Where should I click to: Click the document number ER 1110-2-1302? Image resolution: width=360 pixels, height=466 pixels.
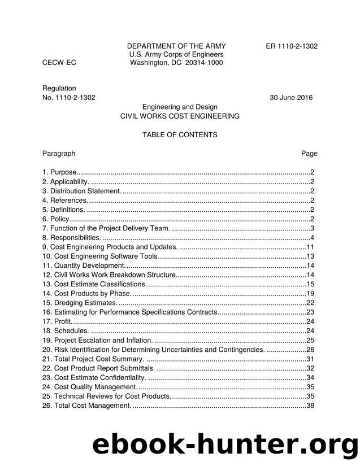(x=292, y=46)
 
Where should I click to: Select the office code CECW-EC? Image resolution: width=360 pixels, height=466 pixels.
(x=59, y=63)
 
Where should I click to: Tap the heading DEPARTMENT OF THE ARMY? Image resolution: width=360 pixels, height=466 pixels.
(x=176, y=46)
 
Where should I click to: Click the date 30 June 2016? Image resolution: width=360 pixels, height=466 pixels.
(x=291, y=97)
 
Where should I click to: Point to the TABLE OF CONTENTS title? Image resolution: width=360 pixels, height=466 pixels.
(x=180, y=135)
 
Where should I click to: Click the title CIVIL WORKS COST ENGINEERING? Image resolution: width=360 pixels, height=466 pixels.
(x=180, y=116)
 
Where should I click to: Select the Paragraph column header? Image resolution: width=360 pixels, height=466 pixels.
(x=59, y=153)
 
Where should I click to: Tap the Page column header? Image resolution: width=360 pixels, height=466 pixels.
(x=309, y=153)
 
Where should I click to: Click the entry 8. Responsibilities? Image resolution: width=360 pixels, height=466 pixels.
(x=72, y=237)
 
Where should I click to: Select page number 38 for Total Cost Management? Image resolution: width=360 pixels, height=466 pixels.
(x=310, y=406)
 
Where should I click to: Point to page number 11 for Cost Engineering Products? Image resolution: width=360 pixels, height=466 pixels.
(x=310, y=247)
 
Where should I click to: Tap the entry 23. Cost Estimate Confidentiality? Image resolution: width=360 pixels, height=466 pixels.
(x=94, y=377)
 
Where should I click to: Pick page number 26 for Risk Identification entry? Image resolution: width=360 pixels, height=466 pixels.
(x=310, y=350)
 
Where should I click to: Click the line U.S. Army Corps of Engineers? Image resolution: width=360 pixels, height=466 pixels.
(x=176, y=55)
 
